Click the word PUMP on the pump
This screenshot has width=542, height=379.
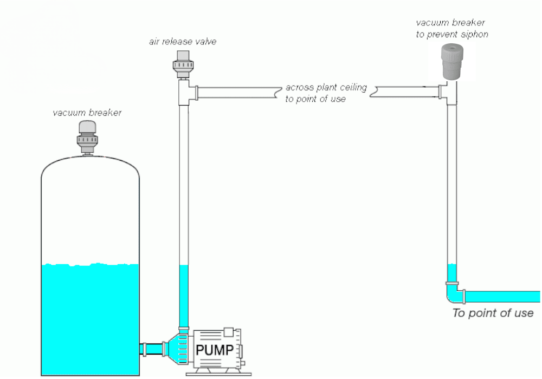[x=215, y=350]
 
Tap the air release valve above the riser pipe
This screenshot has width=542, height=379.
[x=183, y=64]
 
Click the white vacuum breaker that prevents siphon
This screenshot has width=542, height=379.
[x=452, y=61]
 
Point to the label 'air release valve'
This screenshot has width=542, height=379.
[x=183, y=42]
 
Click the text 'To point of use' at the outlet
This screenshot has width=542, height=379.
[x=493, y=313]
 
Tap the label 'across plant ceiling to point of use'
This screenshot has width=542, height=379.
[x=326, y=93]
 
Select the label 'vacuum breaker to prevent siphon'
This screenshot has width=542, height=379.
[x=452, y=28]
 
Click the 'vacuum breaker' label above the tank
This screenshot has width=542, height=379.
[x=87, y=113]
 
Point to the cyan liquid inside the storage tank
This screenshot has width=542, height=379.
[x=90, y=319]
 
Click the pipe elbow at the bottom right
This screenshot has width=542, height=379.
[x=455, y=293]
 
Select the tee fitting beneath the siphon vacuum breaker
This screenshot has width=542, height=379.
[x=449, y=93]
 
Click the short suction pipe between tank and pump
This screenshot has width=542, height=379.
[x=153, y=349]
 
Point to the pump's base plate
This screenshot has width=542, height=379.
[x=218, y=374]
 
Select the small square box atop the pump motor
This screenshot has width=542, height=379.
[x=229, y=332]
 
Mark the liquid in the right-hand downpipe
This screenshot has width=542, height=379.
[x=452, y=273]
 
